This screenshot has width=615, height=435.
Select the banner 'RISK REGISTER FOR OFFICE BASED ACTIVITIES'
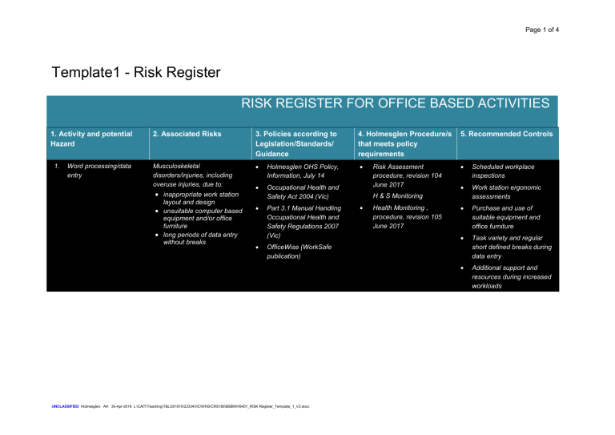[389, 103]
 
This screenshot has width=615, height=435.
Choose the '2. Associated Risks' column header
[187, 134]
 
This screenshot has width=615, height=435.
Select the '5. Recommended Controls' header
[510, 134]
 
